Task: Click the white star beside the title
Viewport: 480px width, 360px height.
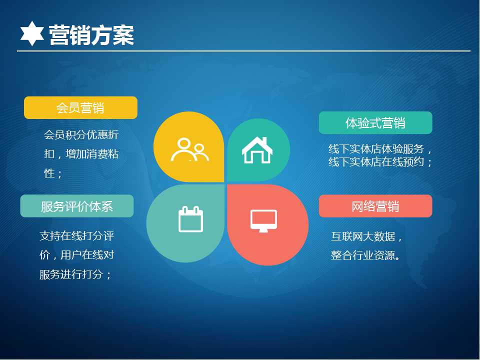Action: [32, 33]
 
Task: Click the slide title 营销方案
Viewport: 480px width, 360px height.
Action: [91, 35]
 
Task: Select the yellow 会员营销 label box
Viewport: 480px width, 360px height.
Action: [80, 108]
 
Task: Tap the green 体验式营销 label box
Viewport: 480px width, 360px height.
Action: [375, 123]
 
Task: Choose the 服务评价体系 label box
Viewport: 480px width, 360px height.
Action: [77, 206]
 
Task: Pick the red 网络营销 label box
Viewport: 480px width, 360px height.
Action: [375, 206]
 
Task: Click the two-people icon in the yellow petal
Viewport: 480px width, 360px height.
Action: [190, 149]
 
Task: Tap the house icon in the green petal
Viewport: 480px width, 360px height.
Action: [257, 149]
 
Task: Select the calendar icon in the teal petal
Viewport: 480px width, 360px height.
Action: [190, 219]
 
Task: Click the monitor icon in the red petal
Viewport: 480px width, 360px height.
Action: [263, 221]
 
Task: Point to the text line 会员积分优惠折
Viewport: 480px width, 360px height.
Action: [81, 134]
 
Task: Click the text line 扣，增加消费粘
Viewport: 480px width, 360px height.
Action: [81, 153]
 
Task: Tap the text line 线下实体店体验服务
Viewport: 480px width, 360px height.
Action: [376, 149]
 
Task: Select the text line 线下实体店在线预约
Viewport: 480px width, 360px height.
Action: [376, 161]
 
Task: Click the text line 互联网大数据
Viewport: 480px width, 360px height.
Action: [363, 236]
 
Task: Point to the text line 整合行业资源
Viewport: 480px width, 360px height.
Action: [363, 255]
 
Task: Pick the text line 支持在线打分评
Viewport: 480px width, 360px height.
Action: [77, 235]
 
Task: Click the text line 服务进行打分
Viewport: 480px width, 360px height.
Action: [71, 274]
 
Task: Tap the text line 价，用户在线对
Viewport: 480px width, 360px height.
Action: [77, 254]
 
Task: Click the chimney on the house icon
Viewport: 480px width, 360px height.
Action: [265, 141]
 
